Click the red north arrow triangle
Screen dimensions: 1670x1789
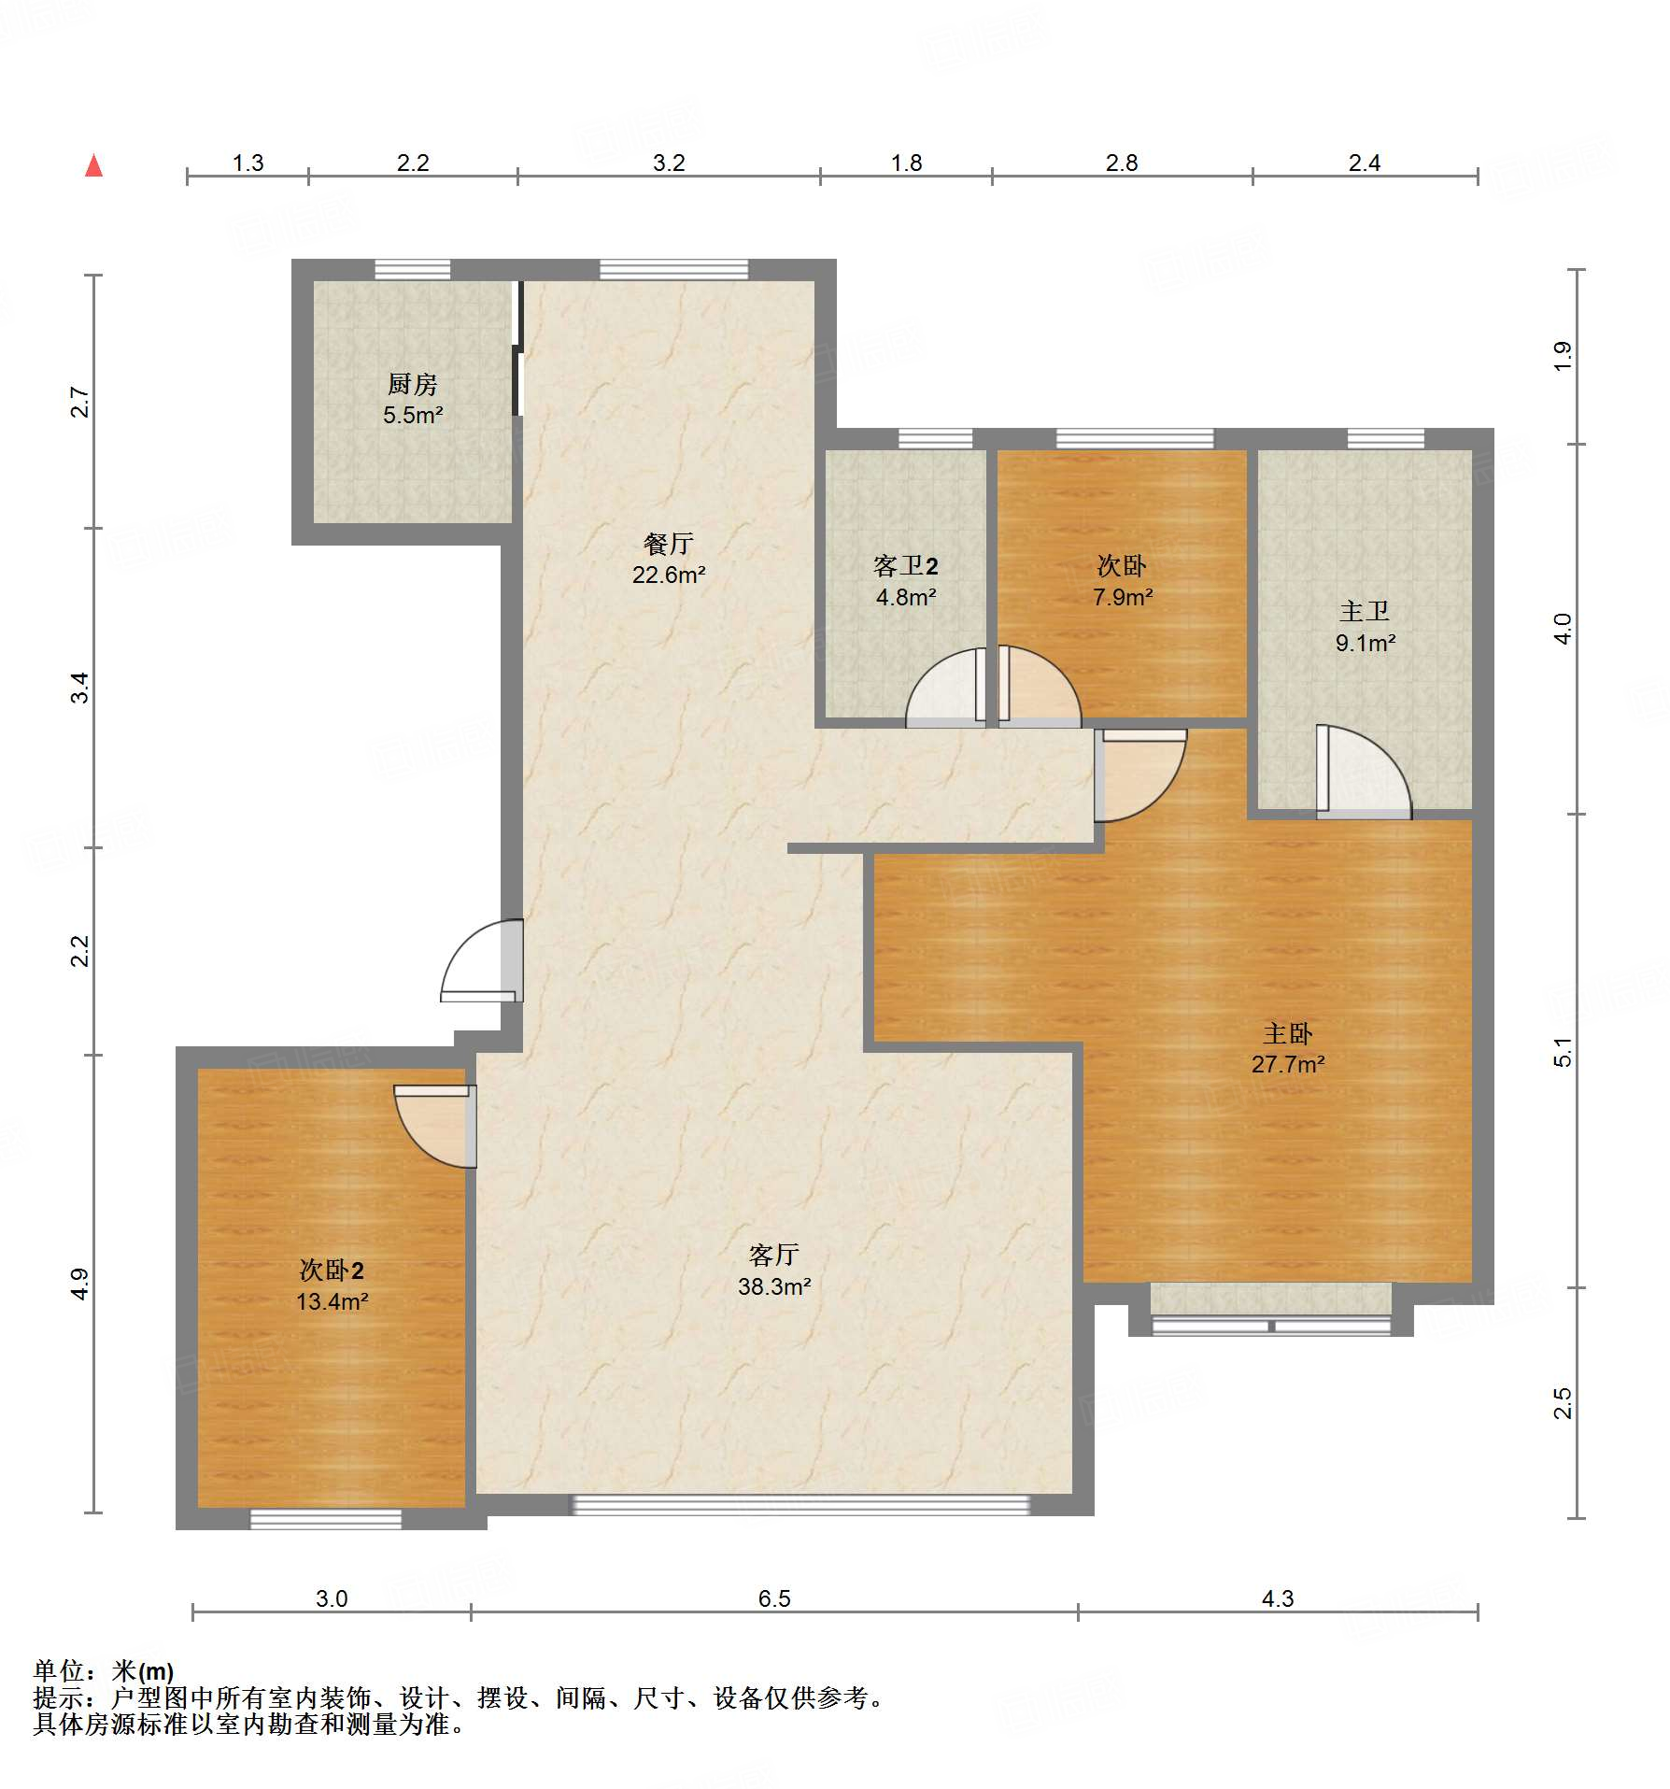click(x=93, y=165)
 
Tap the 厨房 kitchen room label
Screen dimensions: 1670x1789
click(x=413, y=384)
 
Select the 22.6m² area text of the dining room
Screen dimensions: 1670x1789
click(x=669, y=575)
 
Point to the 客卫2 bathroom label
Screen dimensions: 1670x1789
click(x=905, y=565)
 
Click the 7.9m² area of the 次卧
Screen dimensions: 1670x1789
click(x=1123, y=597)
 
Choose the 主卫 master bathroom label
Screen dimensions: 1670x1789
click(x=1365, y=611)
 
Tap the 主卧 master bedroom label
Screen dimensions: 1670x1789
click(x=1288, y=1033)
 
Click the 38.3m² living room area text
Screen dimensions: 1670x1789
click(x=774, y=1286)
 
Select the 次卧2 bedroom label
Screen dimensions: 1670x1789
click(x=332, y=1270)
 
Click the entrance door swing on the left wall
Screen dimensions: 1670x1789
click(x=482, y=961)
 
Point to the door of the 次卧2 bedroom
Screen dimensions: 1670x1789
click(x=435, y=1126)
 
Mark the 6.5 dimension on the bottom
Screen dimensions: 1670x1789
click(x=774, y=1598)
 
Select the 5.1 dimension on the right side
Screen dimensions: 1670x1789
click(x=1563, y=1052)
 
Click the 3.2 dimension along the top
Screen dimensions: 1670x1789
click(x=669, y=163)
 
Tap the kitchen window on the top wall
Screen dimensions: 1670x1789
click(x=412, y=269)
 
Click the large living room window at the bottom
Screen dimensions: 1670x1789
click(x=800, y=1504)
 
